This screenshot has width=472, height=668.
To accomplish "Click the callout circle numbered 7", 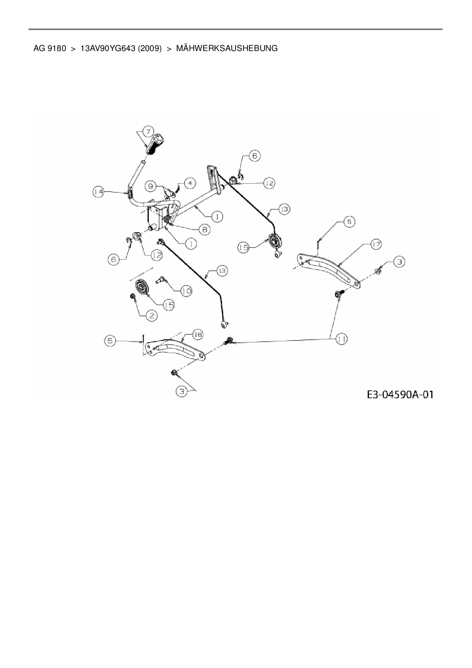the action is [148, 131].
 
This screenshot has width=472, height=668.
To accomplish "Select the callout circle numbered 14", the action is [99, 192].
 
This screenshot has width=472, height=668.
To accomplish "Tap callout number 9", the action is [151, 186].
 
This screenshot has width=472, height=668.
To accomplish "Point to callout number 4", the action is [190, 183].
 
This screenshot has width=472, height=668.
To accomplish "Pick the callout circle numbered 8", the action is [204, 229].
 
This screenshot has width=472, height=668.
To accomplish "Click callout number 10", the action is [186, 291].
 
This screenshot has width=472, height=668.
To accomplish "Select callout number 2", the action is [151, 315].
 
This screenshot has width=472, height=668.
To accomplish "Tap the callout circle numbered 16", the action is [197, 335].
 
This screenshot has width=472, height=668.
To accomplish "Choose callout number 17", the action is [376, 245].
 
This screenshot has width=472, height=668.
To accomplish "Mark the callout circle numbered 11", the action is [341, 339].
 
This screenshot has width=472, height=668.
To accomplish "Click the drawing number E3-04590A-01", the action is [400, 394].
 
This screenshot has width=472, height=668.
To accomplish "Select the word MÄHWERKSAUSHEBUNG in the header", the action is [227, 48].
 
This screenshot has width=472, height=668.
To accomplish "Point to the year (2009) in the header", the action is [150, 48].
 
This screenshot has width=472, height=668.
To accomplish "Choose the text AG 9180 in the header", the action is [49, 48].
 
